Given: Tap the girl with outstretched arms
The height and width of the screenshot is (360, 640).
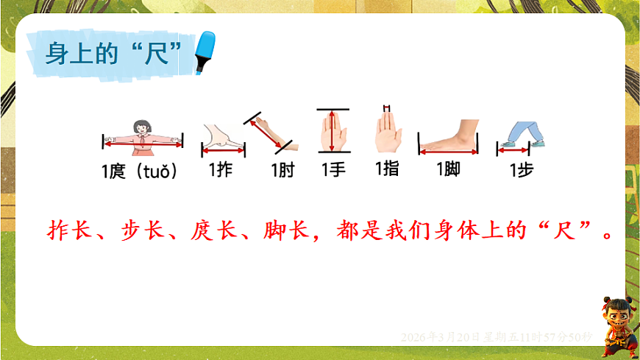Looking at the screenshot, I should (x=142, y=137).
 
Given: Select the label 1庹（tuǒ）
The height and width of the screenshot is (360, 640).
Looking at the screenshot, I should (x=140, y=172).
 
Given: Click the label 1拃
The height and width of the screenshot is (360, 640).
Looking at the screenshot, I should (x=221, y=170).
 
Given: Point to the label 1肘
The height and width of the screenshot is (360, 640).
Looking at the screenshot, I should (x=282, y=171).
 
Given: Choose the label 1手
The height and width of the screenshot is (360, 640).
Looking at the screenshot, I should (x=333, y=169).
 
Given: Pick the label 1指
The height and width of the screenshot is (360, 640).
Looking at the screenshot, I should (x=387, y=169).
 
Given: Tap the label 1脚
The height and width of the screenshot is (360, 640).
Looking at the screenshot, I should (x=448, y=170).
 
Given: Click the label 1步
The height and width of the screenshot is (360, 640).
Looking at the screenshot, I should (x=522, y=170).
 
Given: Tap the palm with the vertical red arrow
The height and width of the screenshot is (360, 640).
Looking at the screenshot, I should (x=333, y=132).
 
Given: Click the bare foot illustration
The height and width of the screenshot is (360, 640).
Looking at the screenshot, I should (x=448, y=136).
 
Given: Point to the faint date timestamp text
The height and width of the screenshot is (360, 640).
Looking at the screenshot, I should (x=497, y=336).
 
